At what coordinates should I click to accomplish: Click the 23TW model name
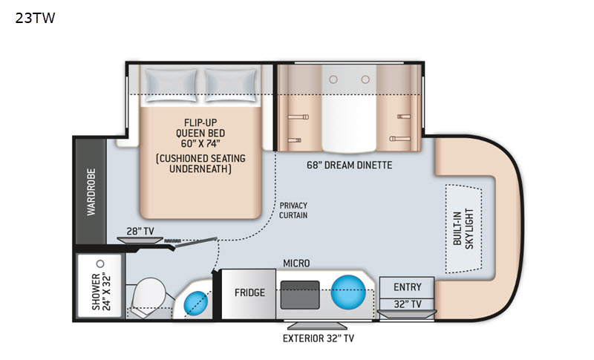click(35, 18)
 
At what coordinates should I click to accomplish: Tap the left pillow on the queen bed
click(172, 85)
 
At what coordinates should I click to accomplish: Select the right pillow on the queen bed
click(231, 85)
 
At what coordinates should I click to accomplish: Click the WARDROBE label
click(91, 192)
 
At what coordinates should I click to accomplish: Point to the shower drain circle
click(100, 264)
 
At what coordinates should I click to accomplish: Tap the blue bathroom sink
click(196, 303)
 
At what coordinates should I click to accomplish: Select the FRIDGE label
click(249, 292)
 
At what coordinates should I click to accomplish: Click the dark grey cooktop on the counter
click(300, 295)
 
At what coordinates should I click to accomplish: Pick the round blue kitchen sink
click(348, 292)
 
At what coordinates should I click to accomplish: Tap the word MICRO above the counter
click(296, 263)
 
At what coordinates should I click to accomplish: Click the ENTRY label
click(407, 287)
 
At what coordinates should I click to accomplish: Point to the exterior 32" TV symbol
click(317, 325)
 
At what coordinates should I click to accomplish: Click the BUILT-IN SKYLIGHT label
click(463, 229)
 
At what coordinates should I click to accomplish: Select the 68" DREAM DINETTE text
click(349, 165)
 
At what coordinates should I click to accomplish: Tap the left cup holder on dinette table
click(333, 79)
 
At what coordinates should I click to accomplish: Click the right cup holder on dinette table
click(365, 79)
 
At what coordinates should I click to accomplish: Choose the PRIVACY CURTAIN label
click(293, 210)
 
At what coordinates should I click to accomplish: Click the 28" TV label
click(140, 231)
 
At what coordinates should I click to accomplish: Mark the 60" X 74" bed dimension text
click(200, 143)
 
